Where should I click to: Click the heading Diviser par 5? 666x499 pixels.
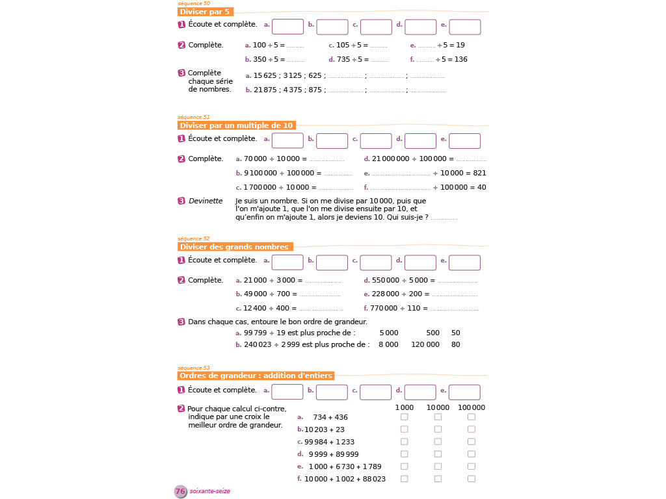coord(205,12)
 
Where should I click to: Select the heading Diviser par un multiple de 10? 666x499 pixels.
coord(236,125)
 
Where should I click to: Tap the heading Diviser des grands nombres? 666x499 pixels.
coord(234,247)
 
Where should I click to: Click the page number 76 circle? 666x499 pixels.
coord(181,491)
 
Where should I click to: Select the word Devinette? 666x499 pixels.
coord(206,201)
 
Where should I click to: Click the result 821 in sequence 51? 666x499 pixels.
coord(480,173)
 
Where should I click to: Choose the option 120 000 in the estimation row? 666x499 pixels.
coord(425,344)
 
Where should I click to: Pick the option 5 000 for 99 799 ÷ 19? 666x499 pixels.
coord(389,333)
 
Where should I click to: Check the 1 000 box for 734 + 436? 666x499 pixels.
coord(405,417)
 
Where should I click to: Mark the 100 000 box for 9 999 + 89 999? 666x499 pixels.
coord(472,454)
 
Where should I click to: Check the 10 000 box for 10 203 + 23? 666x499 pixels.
coord(438,429)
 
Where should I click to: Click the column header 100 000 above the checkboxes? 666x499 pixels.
coord(472,407)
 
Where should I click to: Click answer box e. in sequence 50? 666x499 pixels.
coord(465,27)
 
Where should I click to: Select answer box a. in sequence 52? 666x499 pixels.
coord(287,262)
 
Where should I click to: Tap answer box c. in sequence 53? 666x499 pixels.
coord(376,392)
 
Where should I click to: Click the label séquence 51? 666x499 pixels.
coord(193,117)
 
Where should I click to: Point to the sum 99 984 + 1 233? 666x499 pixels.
coord(330,442)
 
